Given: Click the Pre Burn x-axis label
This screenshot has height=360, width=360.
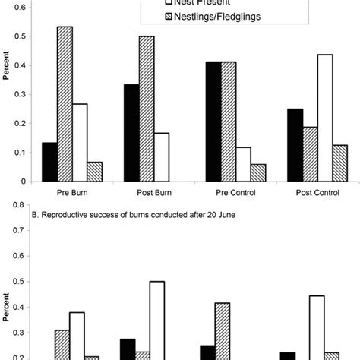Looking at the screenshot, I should pyautogui.click(x=75, y=193).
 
